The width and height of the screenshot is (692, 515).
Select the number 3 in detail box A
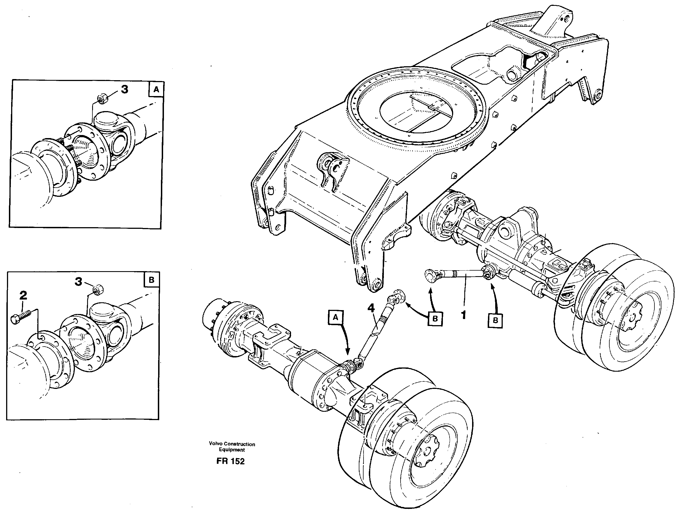(124, 89)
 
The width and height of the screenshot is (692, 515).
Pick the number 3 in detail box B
(78, 282)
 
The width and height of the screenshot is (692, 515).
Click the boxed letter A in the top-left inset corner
(156, 90)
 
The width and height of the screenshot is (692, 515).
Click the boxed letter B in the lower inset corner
(151, 280)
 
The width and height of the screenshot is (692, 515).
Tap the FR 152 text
(230, 461)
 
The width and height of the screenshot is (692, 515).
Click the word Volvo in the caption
(216, 444)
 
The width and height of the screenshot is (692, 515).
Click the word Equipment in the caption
(232, 450)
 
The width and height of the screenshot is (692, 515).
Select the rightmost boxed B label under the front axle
(495, 320)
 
